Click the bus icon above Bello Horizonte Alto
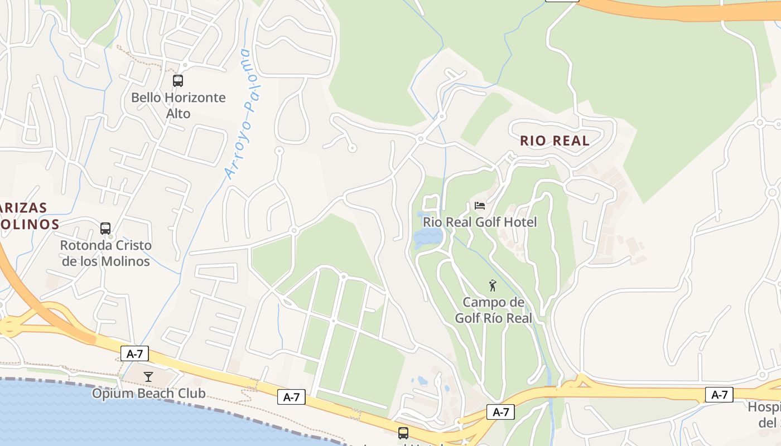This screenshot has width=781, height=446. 178,81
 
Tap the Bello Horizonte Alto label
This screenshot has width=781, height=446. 179,105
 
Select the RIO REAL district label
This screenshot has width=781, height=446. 555,141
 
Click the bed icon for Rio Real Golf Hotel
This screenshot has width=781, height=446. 480,206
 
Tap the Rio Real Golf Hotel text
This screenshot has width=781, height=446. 480,222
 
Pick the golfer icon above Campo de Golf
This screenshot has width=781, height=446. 493,286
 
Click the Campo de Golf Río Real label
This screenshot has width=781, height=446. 494,311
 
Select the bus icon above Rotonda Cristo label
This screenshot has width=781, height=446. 105,229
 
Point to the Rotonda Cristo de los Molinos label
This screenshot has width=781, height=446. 106,253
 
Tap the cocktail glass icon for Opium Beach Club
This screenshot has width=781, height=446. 148,377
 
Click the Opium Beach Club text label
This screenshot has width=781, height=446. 148,394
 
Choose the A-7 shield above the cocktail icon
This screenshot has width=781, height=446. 134,353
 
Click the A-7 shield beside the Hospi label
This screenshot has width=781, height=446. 719,395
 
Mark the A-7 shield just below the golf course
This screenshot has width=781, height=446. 500,412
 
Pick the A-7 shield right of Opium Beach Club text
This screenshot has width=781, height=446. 291,397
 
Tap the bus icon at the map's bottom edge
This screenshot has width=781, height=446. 403,433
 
